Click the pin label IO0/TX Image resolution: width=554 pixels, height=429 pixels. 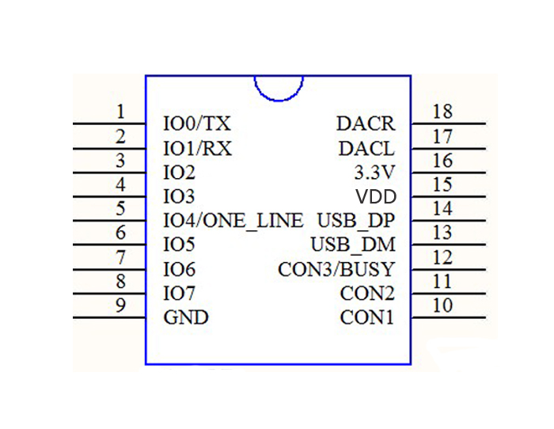click(x=196, y=124)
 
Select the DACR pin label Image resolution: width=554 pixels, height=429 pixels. click(x=365, y=124)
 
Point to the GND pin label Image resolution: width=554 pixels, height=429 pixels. click(x=185, y=318)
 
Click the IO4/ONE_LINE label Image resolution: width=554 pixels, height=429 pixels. click(x=233, y=221)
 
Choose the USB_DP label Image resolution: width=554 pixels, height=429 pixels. click(x=355, y=221)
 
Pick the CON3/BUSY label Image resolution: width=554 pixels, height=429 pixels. click(x=336, y=270)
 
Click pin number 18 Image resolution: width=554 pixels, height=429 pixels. click(x=442, y=112)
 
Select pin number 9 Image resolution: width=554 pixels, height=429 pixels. click(x=120, y=306)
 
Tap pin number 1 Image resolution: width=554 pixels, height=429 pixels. click(x=120, y=112)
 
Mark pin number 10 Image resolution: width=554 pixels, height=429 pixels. click(x=442, y=306)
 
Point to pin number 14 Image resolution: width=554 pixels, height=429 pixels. click(x=442, y=209)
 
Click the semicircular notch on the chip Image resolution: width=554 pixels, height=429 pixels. click(x=279, y=87)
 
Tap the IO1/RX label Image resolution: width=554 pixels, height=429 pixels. click(x=197, y=149)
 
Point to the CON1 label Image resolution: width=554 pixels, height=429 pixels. click(x=367, y=318)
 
